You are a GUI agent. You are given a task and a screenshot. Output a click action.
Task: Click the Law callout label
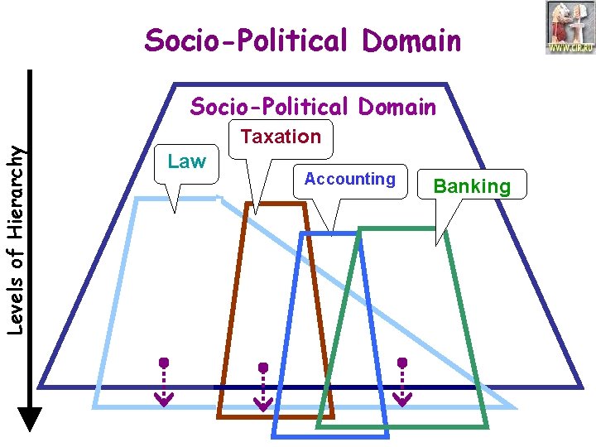pos(187,162)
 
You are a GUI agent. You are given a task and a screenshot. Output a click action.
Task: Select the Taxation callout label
pos(281,137)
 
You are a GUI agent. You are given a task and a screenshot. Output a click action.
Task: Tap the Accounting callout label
pos(349,179)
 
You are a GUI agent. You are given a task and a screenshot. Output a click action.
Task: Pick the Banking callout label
pos(472,186)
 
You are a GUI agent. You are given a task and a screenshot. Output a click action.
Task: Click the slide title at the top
pos(302,40)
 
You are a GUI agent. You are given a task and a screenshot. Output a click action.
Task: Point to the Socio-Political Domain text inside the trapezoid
pos(313,107)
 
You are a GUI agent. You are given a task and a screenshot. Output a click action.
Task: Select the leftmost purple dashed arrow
pos(164,382)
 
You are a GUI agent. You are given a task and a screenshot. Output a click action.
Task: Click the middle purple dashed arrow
pos(263,387)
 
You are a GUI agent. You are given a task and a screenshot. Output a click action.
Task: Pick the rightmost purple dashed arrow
pos(402,382)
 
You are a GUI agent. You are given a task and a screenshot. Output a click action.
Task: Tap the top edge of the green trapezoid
pos(406,228)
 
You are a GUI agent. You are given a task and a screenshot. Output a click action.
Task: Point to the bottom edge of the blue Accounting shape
pos(330,435)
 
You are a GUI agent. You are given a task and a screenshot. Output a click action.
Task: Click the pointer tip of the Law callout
pos(175,212)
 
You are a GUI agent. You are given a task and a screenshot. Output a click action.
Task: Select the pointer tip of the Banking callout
pos(437,244)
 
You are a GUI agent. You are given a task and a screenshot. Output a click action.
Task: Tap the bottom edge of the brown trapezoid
pos(276,416)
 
